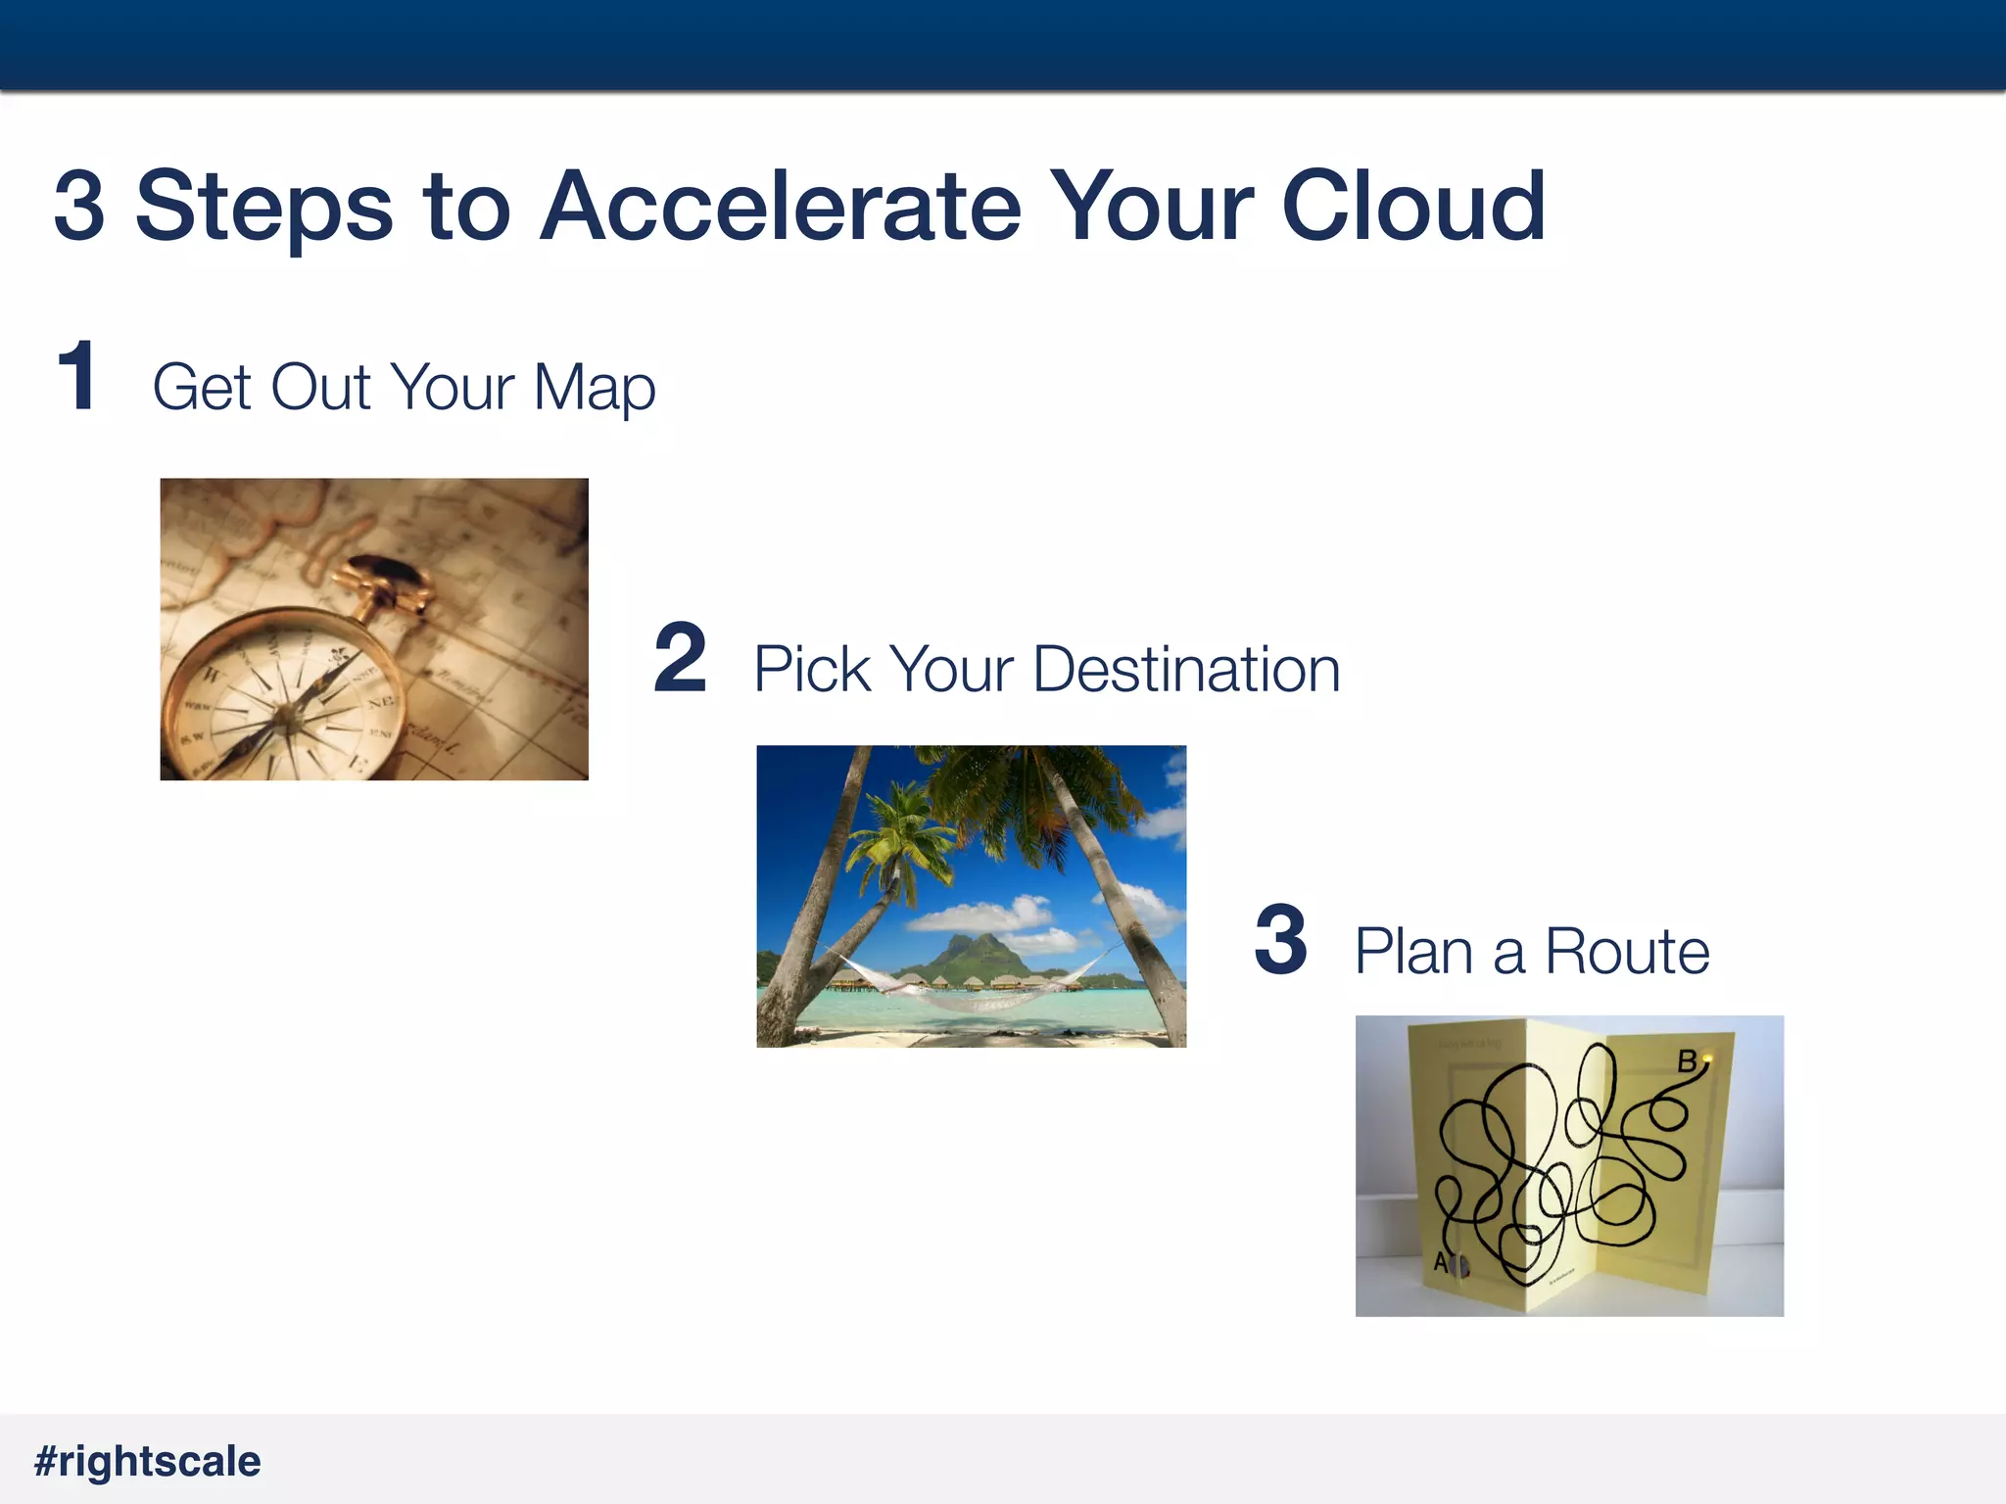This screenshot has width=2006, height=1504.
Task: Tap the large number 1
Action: point(76,376)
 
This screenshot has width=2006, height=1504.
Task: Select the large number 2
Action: point(680,659)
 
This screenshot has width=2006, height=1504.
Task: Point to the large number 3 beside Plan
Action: point(1280,941)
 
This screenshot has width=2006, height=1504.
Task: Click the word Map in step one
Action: point(594,388)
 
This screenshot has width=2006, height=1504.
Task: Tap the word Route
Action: point(1626,952)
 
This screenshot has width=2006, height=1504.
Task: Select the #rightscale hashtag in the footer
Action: point(148,1461)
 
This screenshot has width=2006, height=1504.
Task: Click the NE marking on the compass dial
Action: point(380,702)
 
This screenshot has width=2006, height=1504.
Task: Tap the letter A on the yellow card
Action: point(1441,1263)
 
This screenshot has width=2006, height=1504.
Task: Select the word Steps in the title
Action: point(264,208)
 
